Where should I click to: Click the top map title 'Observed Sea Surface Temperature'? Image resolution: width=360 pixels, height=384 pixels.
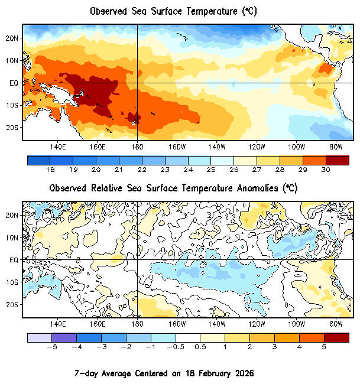coord(173,11)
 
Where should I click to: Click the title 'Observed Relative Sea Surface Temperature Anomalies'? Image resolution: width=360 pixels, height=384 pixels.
coord(173,188)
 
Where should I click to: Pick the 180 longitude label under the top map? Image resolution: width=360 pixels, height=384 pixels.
coord(137,147)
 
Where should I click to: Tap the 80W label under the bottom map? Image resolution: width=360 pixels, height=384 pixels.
coord(336,324)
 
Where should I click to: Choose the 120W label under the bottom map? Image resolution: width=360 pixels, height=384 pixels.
coord(257,324)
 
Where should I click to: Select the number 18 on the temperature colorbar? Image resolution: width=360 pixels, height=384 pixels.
coord(50,170)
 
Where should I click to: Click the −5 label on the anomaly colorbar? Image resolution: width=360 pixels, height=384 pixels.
coord(51,347)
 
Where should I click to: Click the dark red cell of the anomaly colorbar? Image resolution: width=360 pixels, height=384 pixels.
coord(336,337)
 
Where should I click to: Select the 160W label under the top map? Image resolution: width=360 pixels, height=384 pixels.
coord(177,147)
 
